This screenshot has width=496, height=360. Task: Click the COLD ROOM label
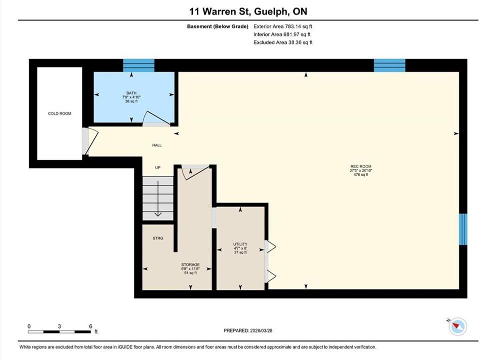59,113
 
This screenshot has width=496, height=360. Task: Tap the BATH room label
131,93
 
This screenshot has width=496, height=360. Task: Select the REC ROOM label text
361,166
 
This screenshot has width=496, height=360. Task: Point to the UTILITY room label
240,244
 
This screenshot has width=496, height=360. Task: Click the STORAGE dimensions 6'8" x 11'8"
190,269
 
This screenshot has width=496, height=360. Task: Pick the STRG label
158,238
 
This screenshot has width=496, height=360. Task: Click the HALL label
157,145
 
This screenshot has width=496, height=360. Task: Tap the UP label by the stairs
158,167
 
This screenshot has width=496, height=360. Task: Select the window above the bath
138,65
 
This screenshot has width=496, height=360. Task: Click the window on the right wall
463,229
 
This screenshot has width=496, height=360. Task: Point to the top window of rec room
390,65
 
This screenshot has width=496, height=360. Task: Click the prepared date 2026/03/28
261,330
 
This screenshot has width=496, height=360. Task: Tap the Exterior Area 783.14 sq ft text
283,26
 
